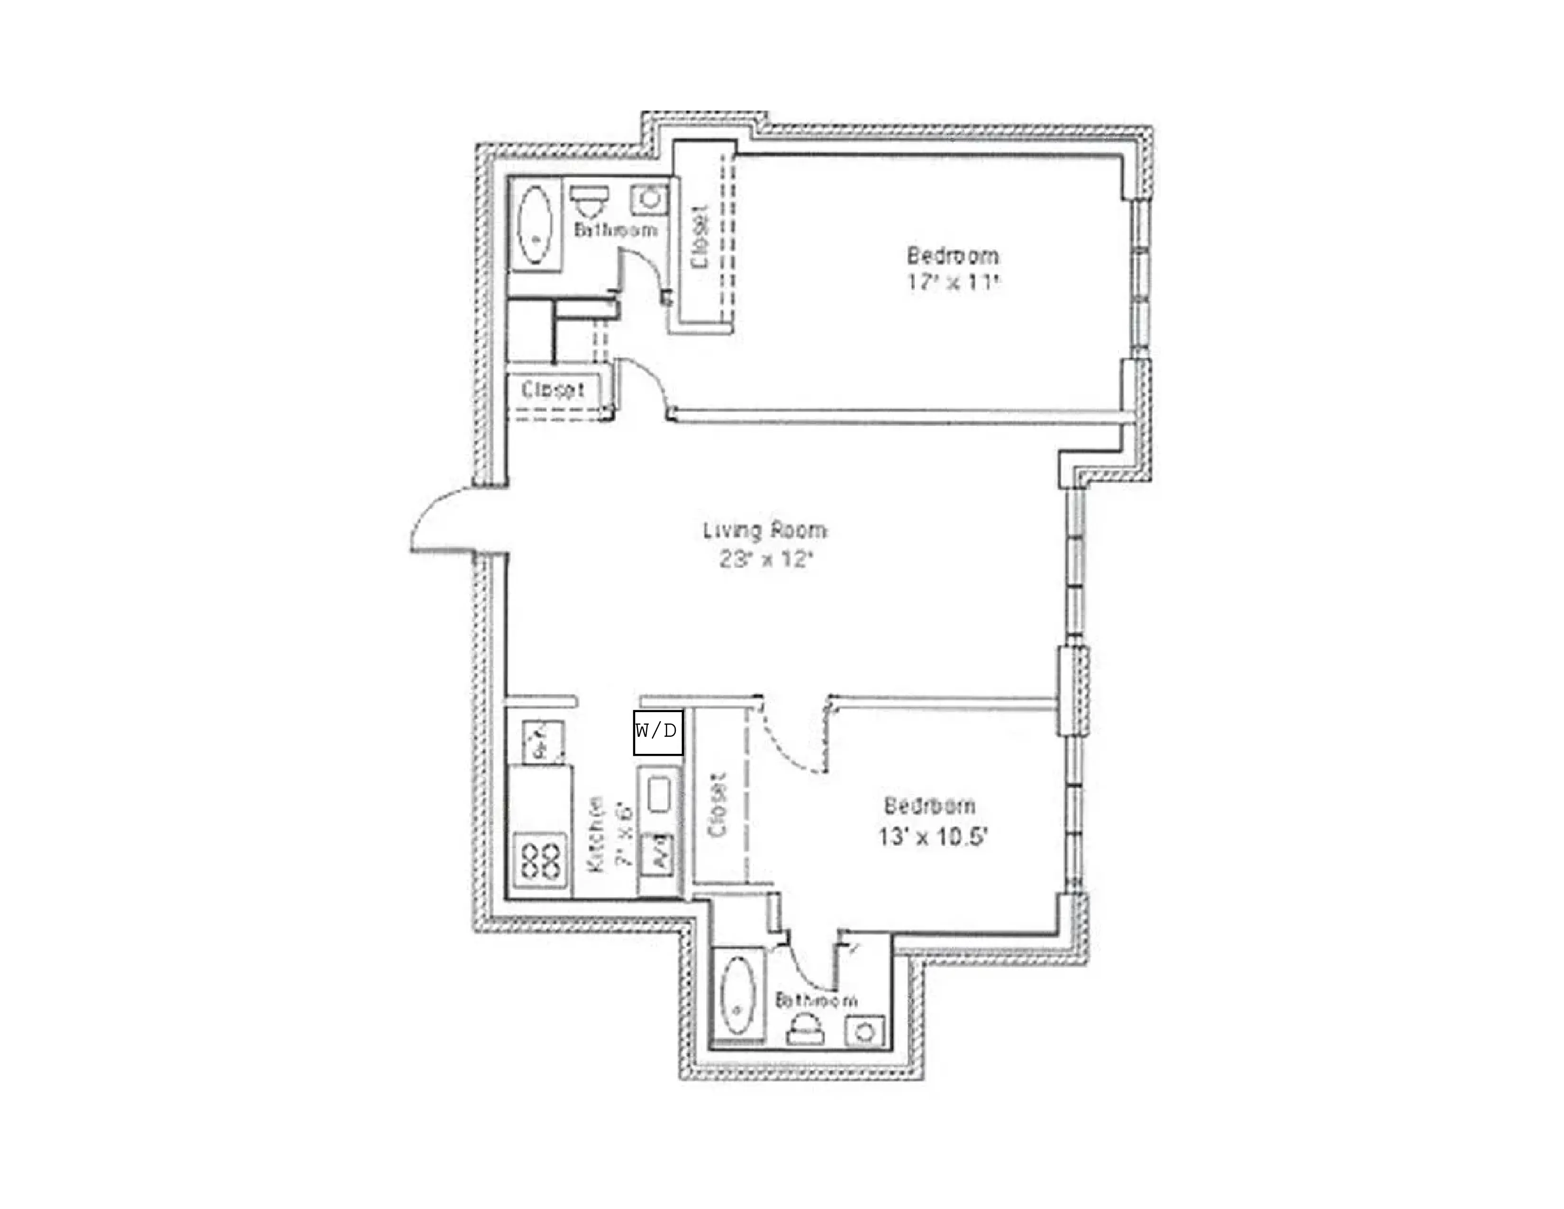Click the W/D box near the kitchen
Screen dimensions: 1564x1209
(657, 731)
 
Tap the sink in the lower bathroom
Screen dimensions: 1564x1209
(864, 1031)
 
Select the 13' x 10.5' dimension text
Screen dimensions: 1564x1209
(932, 836)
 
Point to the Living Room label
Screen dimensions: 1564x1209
(765, 530)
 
